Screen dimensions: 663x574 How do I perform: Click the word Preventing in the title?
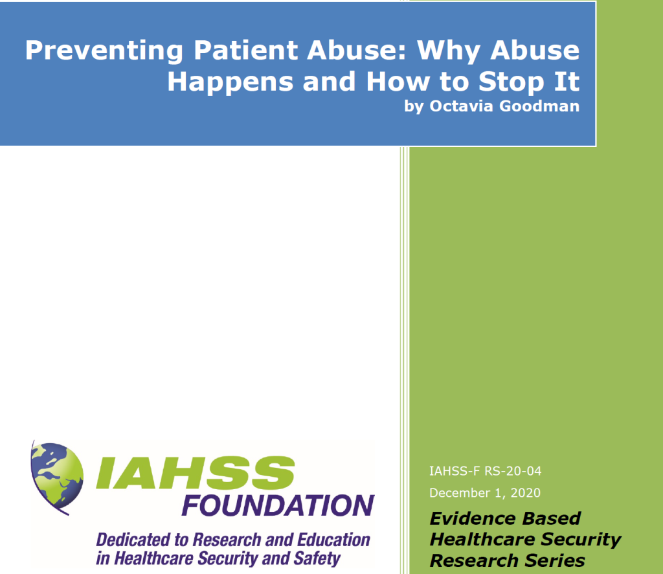tap(104, 51)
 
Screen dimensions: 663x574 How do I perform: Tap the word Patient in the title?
tap(246, 50)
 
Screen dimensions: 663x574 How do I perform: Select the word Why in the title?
tap(449, 51)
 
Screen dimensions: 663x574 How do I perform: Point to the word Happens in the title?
tap(230, 82)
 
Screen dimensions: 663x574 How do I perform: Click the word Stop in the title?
tap(511, 82)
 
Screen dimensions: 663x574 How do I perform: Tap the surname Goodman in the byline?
tap(539, 106)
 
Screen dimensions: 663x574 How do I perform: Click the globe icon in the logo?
tap(57, 477)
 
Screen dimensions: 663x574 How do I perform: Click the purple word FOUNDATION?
tap(278, 505)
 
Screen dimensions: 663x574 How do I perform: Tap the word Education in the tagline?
tap(334, 540)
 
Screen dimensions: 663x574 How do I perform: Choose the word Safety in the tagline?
tap(317, 558)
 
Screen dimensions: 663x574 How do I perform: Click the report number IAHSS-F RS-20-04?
tap(486, 471)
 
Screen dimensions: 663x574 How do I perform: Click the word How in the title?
tap(398, 82)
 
